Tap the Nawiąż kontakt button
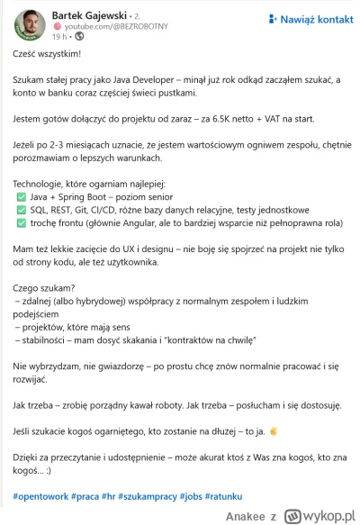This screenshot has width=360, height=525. tap(310, 18)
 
